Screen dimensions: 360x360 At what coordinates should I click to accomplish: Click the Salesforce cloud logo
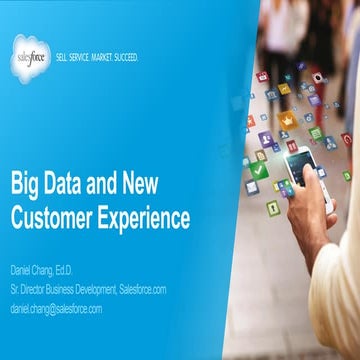click(31, 56)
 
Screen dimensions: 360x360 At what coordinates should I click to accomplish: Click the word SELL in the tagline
click(61, 58)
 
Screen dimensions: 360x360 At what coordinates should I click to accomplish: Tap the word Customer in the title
click(54, 215)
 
